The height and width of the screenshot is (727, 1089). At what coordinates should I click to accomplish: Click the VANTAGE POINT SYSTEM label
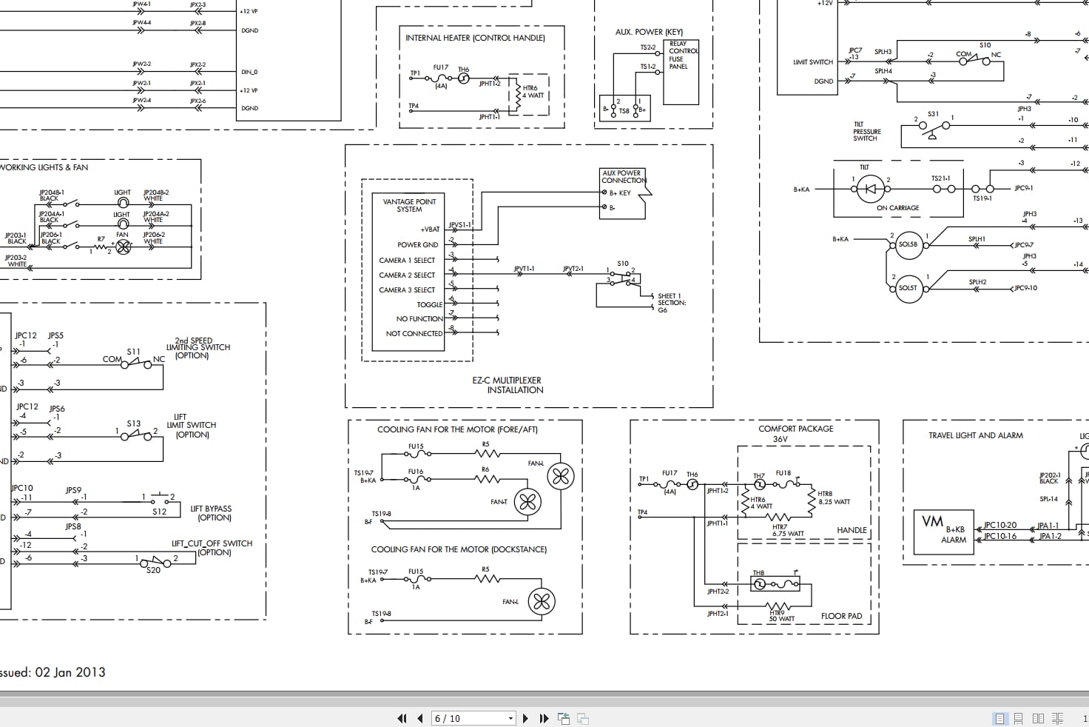[409, 205]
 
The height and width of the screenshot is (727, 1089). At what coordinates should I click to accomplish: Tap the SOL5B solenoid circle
[908, 244]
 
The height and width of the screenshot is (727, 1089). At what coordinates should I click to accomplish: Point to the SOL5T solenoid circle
[908, 288]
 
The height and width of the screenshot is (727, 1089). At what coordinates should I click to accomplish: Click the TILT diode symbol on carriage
[870, 189]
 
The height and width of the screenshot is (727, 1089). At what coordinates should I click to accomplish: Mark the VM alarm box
[943, 532]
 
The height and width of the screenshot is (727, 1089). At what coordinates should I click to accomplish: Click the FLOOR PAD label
[841, 616]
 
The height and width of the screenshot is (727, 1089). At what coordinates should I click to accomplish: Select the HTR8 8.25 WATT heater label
[834, 497]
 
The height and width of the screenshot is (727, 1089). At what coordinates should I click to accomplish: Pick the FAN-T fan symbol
[527, 503]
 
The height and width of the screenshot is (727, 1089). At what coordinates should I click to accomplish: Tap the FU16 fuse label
[416, 472]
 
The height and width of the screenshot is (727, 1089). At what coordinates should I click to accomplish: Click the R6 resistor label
[485, 469]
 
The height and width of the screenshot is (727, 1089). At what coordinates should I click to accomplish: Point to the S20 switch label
[153, 570]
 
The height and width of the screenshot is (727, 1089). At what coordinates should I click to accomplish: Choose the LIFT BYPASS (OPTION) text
[211, 513]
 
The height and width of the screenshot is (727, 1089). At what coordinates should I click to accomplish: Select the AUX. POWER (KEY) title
[649, 32]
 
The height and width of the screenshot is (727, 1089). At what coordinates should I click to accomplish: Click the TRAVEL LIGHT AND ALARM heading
[975, 435]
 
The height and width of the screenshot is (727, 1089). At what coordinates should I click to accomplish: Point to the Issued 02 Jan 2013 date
[52, 672]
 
